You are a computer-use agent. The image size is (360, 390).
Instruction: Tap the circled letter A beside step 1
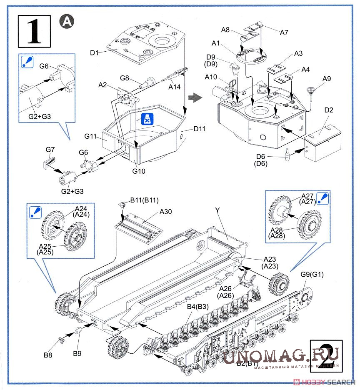(66, 21)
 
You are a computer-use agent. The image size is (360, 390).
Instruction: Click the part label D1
(94, 53)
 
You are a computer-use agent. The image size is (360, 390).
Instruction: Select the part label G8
(125, 78)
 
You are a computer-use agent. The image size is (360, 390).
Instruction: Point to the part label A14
(175, 87)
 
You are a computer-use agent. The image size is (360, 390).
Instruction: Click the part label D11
(200, 129)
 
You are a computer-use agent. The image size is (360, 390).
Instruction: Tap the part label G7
(50, 149)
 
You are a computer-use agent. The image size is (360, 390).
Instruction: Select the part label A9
(326, 78)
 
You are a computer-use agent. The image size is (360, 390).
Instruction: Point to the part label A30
(165, 212)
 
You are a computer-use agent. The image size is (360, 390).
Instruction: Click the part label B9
(77, 354)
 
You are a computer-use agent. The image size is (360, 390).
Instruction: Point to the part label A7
(285, 32)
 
